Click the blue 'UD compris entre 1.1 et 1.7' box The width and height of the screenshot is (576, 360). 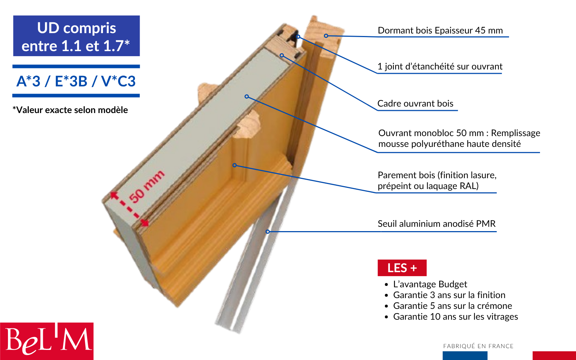pos(76,36)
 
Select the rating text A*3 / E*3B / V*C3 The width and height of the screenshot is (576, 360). pos(76,81)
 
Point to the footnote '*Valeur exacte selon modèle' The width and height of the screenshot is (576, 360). pos(70,110)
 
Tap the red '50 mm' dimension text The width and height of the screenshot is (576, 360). pos(147,186)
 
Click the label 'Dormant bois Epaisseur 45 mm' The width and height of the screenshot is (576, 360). pos(440,30)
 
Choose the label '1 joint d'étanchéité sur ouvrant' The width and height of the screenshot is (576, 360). pos(440,66)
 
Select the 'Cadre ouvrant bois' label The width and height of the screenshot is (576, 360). pos(415,103)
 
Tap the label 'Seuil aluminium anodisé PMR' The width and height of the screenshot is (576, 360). pos(437,224)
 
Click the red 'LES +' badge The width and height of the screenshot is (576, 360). pos(402,268)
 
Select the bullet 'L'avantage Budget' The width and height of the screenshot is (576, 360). pos(430,284)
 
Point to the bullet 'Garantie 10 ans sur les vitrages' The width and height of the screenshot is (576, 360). pos(455,316)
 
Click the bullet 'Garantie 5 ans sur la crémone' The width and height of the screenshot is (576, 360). pos(453,306)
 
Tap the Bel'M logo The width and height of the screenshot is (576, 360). pos(47,341)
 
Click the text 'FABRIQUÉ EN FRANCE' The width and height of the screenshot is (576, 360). pos(478,346)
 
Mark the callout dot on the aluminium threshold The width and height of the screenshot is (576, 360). pos(268,232)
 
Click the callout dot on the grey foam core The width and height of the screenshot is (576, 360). pos(247,96)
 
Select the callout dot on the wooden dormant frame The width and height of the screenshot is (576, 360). pos(326,36)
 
